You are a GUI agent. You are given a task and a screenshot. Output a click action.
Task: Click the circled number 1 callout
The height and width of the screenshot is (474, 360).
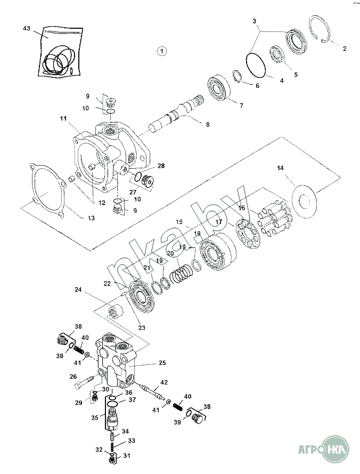(162, 51)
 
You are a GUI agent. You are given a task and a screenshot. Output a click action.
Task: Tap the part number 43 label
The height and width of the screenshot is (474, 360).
(27, 28)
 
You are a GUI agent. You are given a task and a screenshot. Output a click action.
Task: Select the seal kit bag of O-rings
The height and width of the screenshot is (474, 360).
(61, 52)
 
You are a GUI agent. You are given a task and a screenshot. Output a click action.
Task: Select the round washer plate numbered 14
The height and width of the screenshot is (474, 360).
(305, 200)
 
